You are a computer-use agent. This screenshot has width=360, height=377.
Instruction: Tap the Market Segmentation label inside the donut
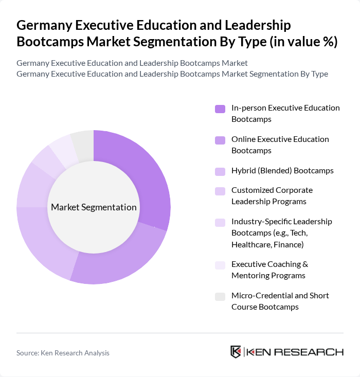[94, 207]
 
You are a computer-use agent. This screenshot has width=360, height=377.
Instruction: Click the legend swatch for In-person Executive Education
[220, 109]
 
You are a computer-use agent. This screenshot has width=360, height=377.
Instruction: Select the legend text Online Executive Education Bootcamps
[280, 145]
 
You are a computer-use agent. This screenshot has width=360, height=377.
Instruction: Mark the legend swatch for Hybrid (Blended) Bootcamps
[220, 171]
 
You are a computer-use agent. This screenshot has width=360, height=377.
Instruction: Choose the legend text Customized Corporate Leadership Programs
[272, 195]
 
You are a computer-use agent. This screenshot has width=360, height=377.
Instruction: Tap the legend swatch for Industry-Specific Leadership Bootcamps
[220, 222]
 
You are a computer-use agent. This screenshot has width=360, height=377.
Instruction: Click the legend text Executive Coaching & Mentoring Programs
[269, 270]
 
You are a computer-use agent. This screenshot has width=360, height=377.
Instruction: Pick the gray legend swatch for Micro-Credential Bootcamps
[220, 296]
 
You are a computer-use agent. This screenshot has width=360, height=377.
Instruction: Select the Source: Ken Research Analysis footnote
[63, 353]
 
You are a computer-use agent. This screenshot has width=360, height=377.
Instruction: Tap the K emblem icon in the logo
[236, 352]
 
